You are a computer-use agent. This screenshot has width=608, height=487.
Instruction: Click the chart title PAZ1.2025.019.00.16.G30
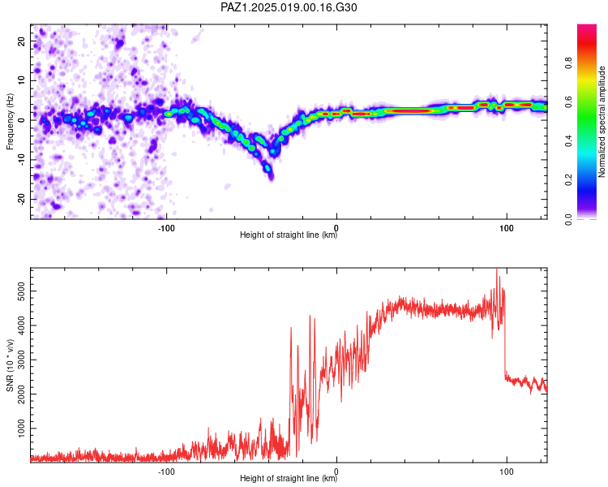click(289, 7)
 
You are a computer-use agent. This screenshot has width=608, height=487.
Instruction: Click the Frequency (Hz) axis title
click(10, 122)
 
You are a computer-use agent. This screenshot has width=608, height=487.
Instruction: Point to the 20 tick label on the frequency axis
click(21, 41)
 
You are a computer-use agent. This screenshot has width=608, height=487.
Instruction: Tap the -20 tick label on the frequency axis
click(21, 200)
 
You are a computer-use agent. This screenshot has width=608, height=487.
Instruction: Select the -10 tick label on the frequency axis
click(21, 160)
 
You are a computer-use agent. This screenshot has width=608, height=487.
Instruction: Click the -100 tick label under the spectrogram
click(166, 228)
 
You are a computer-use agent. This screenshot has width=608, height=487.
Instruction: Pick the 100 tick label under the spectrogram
click(507, 228)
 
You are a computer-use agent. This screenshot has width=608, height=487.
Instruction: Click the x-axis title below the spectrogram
click(289, 235)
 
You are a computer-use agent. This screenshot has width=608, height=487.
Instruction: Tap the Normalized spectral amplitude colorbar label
click(602, 122)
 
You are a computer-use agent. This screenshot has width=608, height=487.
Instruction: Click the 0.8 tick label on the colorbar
click(569, 63)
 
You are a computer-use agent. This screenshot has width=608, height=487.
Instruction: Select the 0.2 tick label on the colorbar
click(569, 180)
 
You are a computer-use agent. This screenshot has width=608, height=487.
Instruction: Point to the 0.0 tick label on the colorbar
click(569, 219)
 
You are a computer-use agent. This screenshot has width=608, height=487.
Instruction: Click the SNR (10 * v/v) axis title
click(10, 365)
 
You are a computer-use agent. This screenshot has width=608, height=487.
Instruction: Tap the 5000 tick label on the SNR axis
click(21, 291)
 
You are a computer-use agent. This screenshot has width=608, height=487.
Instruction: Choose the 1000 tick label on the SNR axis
click(21, 429)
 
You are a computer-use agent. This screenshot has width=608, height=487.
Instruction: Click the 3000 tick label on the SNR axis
click(21, 360)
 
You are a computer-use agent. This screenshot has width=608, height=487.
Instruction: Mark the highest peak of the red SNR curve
click(497, 269)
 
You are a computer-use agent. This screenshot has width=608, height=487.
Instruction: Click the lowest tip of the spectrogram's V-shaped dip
click(271, 179)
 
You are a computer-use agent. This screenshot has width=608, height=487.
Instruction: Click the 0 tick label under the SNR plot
click(336, 472)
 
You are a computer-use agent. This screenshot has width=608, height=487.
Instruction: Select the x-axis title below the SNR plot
click(289, 478)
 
